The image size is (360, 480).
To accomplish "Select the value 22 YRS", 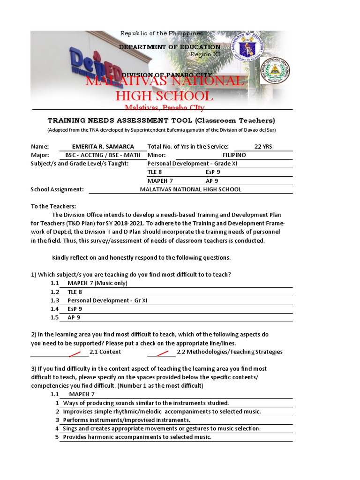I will (x=262, y=147).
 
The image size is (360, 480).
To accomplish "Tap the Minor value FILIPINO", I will (x=234, y=155).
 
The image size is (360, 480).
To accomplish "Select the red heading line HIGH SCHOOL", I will (x=164, y=96).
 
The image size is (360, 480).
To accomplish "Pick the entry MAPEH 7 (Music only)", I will (x=97, y=283).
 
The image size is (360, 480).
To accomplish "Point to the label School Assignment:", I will (x=57, y=189).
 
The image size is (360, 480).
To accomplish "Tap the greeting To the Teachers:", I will (x=53, y=206).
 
